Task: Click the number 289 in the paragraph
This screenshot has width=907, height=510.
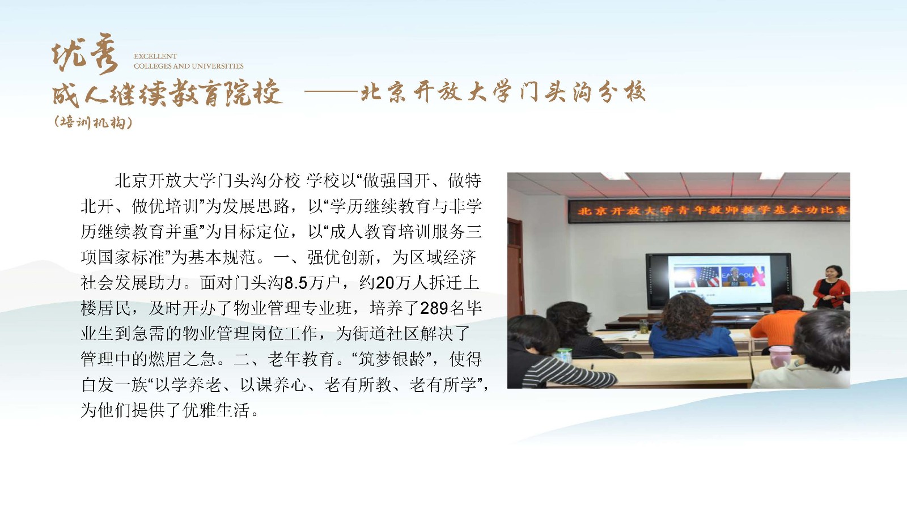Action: tap(434, 308)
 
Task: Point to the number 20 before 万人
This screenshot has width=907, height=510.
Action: tap(385, 283)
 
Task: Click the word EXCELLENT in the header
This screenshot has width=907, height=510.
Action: tap(155, 56)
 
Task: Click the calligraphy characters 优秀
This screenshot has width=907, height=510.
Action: tap(85, 54)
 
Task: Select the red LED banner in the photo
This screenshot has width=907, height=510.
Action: tap(709, 211)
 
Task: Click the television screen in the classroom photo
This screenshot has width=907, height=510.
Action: tap(718, 282)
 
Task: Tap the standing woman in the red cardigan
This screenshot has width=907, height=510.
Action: tap(831, 287)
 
